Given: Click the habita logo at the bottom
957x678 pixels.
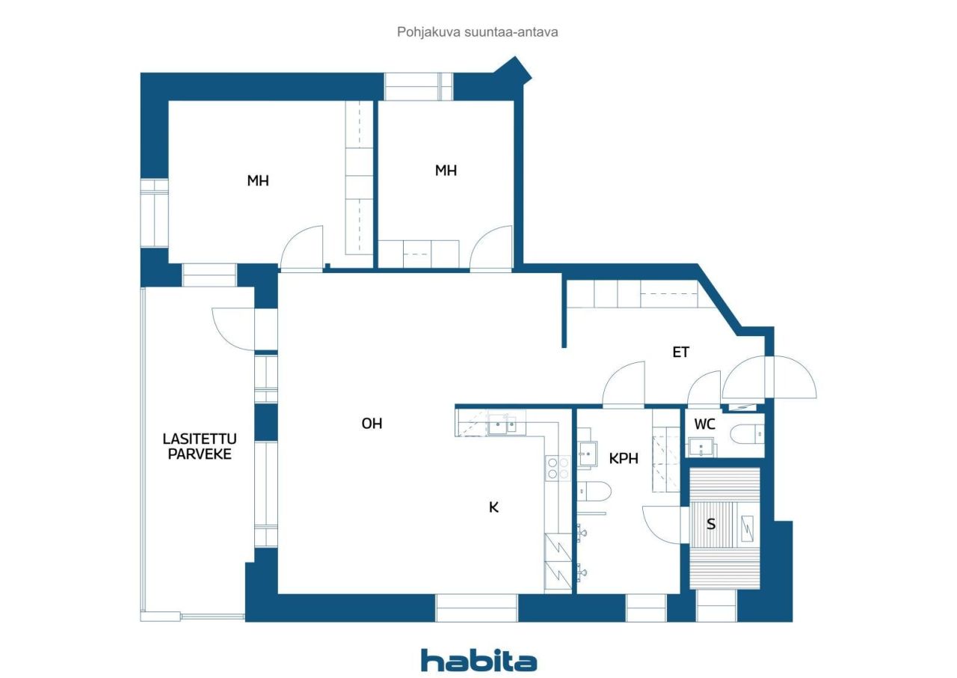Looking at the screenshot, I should coord(478,661).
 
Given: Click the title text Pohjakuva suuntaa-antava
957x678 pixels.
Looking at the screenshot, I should coord(478,32).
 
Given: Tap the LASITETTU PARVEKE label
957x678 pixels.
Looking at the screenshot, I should coord(199,446).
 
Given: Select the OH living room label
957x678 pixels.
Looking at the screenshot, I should coord(372,424).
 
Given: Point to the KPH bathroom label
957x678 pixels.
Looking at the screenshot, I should coord(624,459).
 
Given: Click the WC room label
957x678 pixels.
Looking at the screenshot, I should coord(704,424).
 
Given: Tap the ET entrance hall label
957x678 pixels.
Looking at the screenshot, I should coord(680,352).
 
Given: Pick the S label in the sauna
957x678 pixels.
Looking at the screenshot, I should coord(711,525).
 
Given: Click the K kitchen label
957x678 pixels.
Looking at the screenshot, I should coord(493,507).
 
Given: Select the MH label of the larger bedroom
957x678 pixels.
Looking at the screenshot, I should coord(258,181).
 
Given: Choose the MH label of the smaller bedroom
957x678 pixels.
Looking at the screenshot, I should coord(446,171).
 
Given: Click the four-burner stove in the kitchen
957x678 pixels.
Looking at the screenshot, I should coord(558,468).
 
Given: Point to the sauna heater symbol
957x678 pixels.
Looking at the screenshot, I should coord(748,527).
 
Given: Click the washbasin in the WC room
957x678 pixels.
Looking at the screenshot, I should coord(702,448).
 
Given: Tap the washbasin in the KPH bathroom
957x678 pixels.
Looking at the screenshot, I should coord(587,453).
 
